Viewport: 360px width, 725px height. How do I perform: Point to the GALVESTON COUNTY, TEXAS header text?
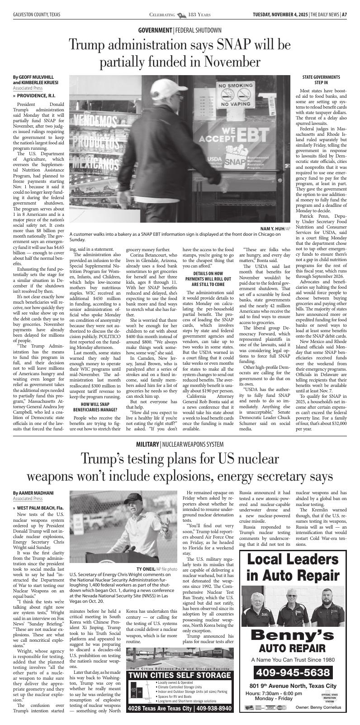[37, 15]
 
